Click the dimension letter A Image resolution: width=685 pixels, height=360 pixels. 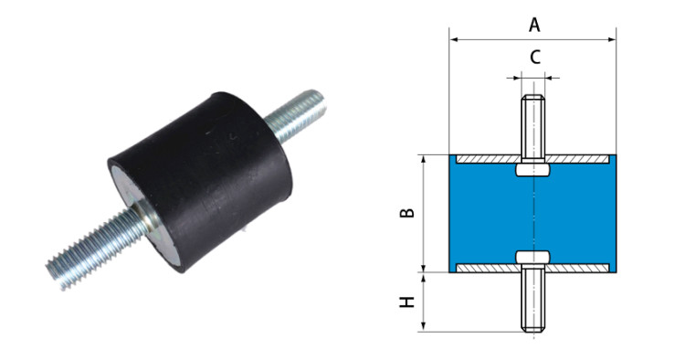click(534, 25)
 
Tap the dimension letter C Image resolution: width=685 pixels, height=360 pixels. click(535, 58)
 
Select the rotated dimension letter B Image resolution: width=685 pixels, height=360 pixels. click(407, 213)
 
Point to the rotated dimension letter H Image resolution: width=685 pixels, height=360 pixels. click(407, 302)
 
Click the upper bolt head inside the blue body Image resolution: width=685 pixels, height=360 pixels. click(533, 170)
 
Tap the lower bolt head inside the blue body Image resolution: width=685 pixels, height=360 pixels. click(533, 257)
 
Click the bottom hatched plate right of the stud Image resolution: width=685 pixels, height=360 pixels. click(577, 268)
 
